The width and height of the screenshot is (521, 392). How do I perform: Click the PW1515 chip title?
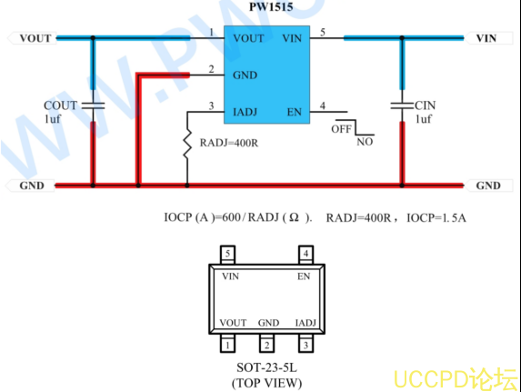(x=271, y=6)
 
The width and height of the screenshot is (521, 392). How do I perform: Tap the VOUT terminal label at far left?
(x=35, y=38)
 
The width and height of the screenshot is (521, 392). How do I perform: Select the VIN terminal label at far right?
(x=486, y=38)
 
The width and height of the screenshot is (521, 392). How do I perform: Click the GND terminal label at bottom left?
(x=32, y=186)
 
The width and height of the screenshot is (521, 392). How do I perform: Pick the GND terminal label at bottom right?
(x=488, y=186)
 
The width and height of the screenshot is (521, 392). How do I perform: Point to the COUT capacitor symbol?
(x=93, y=106)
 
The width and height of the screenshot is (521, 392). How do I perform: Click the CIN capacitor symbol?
(x=402, y=106)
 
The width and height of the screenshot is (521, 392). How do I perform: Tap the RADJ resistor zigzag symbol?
(x=187, y=144)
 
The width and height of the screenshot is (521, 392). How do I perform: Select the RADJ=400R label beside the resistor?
(x=229, y=143)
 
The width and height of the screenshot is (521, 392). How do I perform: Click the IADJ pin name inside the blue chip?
(x=245, y=112)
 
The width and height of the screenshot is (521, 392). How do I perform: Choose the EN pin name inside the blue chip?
(x=295, y=112)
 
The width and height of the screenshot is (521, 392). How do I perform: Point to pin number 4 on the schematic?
(x=322, y=106)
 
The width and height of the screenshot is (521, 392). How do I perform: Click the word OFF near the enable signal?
(x=341, y=129)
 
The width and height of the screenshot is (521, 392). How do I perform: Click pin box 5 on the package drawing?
(x=227, y=255)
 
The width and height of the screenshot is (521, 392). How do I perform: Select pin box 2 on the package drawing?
(x=266, y=345)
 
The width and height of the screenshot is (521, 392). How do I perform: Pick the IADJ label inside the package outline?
(x=306, y=323)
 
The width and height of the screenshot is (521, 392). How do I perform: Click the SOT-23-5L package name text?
(x=266, y=367)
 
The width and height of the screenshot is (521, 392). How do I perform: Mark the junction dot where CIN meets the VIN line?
(x=402, y=38)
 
